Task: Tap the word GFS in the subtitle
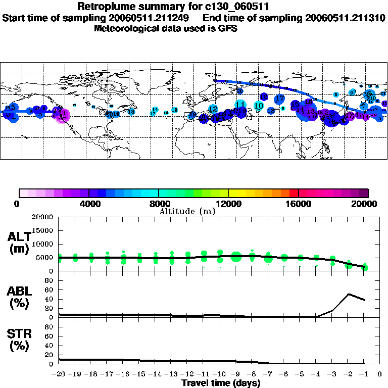[x=227, y=28]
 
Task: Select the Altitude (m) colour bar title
[x=187, y=211]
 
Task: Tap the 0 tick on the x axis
[x=380, y=374]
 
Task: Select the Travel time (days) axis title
[x=221, y=383]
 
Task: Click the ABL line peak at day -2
[x=349, y=294]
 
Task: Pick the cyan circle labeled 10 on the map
[x=259, y=106]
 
